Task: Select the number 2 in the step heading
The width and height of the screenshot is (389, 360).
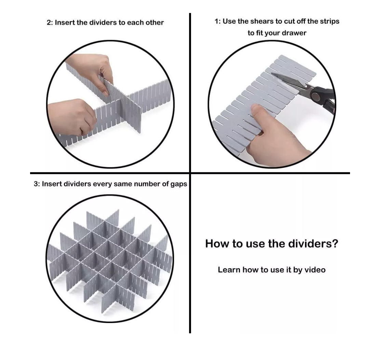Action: point(49,23)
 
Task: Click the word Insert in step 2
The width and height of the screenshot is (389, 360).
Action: point(65,23)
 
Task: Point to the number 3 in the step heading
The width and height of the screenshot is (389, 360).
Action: point(36,184)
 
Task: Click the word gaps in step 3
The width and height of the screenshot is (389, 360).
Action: point(179,184)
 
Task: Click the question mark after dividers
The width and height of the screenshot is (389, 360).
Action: point(335,244)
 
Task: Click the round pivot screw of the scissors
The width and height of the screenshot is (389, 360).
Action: point(316,95)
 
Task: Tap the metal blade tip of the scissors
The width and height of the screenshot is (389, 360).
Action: point(272,74)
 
